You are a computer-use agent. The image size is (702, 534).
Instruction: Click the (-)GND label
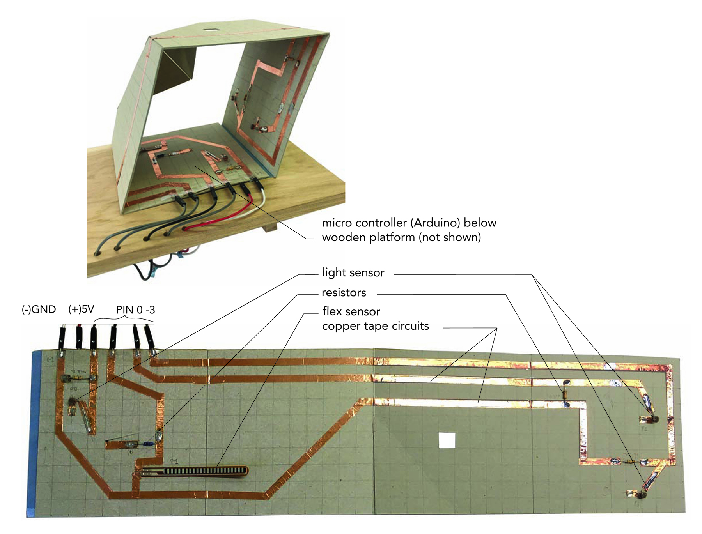[x=39, y=309]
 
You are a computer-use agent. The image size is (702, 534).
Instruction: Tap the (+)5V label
[x=81, y=309]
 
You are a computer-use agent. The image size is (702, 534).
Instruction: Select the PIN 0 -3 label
[x=135, y=310]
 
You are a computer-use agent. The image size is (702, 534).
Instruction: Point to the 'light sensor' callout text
[x=353, y=272]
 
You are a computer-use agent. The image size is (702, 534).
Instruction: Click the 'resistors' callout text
[x=344, y=292]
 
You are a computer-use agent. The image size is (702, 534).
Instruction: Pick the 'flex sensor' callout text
[x=351, y=311]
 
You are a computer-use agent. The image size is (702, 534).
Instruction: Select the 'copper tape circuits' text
[x=375, y=326]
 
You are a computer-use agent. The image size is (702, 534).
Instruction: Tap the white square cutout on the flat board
[x=447, y=440]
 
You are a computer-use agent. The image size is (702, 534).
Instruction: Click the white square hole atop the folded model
[x=211, y=29]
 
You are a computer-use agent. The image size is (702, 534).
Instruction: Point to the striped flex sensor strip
[x=195, y=471]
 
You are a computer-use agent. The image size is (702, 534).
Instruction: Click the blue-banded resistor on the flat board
[x=148, y=443]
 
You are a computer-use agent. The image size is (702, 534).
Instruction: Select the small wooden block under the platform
[x=271, y=228]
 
